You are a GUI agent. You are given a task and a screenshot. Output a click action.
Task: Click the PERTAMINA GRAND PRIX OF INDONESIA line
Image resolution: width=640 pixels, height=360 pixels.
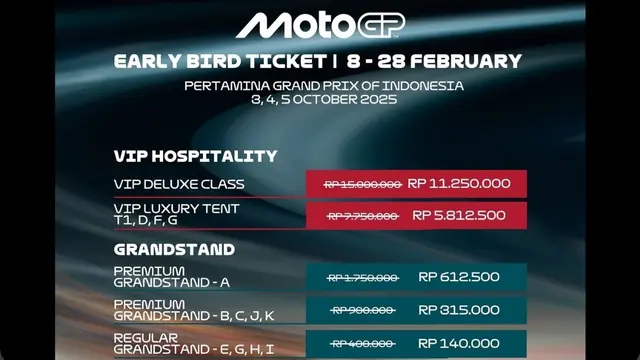(x=324, y=86)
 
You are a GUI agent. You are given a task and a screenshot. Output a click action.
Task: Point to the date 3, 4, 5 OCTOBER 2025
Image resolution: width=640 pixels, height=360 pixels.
(x=324, y=99)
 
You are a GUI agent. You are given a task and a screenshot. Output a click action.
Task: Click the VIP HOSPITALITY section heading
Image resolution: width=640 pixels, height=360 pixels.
(x=195, y=156)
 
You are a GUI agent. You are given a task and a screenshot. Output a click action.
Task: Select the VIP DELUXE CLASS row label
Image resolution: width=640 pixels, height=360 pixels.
(x=179, y=185)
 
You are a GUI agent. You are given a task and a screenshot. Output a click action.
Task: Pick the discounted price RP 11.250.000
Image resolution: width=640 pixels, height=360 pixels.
(x=461, y=184)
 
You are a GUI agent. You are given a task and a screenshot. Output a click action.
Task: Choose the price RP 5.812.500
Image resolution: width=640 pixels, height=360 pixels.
(x=459, y=215)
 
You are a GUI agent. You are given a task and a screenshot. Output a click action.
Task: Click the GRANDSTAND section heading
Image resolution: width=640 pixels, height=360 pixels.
(x=174, y=249)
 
